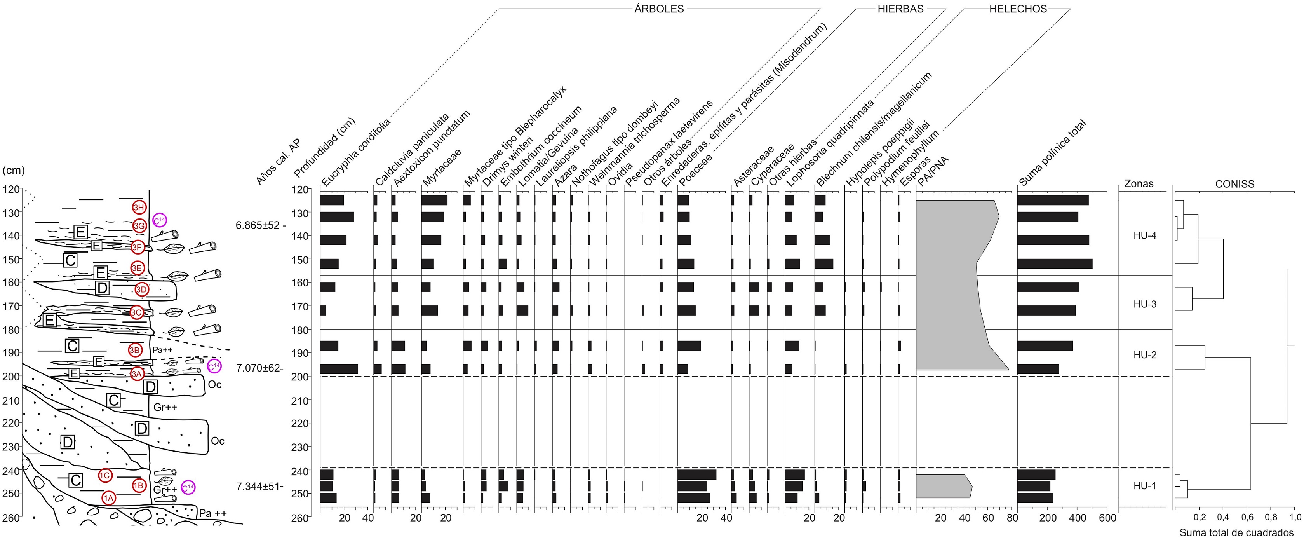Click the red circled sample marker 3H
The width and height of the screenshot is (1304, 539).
[x=139, y=207]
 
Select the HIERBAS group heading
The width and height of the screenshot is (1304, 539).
[x=900, y=9]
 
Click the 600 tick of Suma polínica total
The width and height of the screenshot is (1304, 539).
[x=1107, y=518]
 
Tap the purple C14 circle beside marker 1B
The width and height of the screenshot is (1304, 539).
[x=188, y=487]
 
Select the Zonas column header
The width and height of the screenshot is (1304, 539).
[x=1139, y=184]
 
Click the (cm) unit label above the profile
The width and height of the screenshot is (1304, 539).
[x=14, y=170]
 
